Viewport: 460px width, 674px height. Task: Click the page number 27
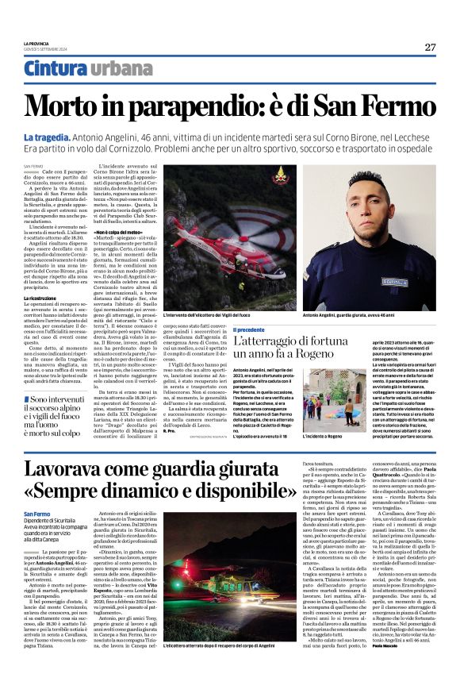(x=430, y=47)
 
